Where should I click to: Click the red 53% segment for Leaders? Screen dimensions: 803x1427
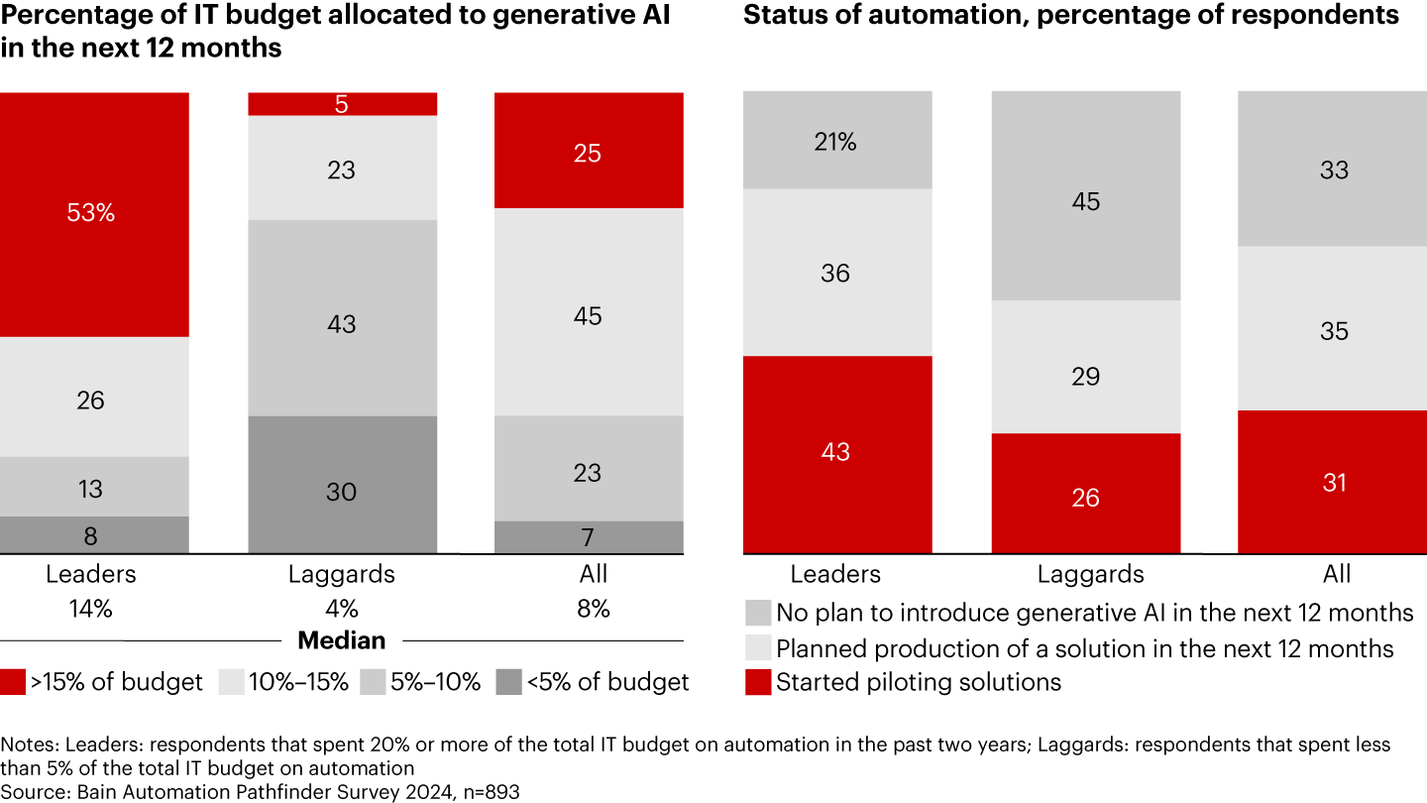tap(94, 214)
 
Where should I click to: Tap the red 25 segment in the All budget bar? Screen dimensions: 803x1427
tap(589, 151)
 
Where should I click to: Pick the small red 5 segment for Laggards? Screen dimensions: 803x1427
tap(342, 104)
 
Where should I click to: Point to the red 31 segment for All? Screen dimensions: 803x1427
tap(1333, 482)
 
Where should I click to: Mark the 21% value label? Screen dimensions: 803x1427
tap(835, 143)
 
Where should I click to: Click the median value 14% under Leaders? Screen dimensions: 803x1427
tap(90, 610)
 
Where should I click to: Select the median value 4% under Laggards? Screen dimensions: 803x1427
tap(342, 610)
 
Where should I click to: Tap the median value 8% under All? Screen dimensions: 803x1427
tap(593, 610)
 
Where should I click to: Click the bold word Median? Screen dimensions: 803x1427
tap(342, 640)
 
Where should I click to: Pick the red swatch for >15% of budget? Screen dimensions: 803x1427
tap(13, 682)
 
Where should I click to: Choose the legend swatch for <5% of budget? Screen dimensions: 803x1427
tap(508, 682)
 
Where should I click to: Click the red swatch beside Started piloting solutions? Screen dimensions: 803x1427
tap(757, 682)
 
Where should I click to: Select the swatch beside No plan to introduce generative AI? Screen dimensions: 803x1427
tap(757, 613)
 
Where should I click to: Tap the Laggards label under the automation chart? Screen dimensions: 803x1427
tap(1090, 575)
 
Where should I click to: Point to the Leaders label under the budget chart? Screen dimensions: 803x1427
tap(91, 574)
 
